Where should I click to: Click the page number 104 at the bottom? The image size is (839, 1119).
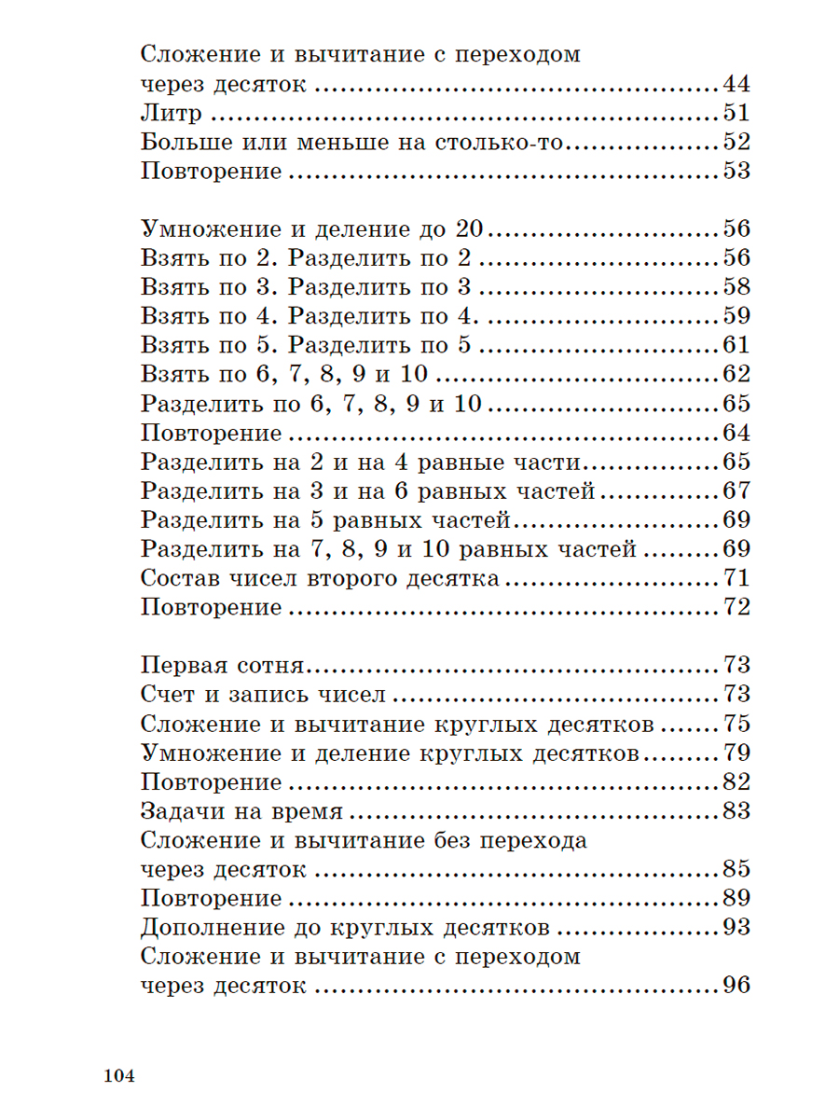coord(120,1076)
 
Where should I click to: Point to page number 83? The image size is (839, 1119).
coord(736,811)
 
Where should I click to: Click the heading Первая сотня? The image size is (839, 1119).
coord(224,666)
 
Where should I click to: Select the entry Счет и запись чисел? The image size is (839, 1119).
coord(264,695)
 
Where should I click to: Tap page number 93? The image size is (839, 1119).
coord(736,928)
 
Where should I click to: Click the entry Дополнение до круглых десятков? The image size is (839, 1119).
coord(344,928)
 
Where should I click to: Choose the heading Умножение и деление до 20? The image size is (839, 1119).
coord(316,229)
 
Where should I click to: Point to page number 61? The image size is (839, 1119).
coord(736,346)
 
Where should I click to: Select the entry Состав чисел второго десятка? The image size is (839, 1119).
coord(321,579)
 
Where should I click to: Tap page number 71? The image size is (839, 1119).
coord(736,579)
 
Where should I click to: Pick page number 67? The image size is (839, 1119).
coord(736,491)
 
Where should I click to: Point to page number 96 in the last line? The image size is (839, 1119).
coord(736,987)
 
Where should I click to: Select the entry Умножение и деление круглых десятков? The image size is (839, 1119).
coord(391,753)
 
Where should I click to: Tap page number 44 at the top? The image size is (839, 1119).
coord(736,85)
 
